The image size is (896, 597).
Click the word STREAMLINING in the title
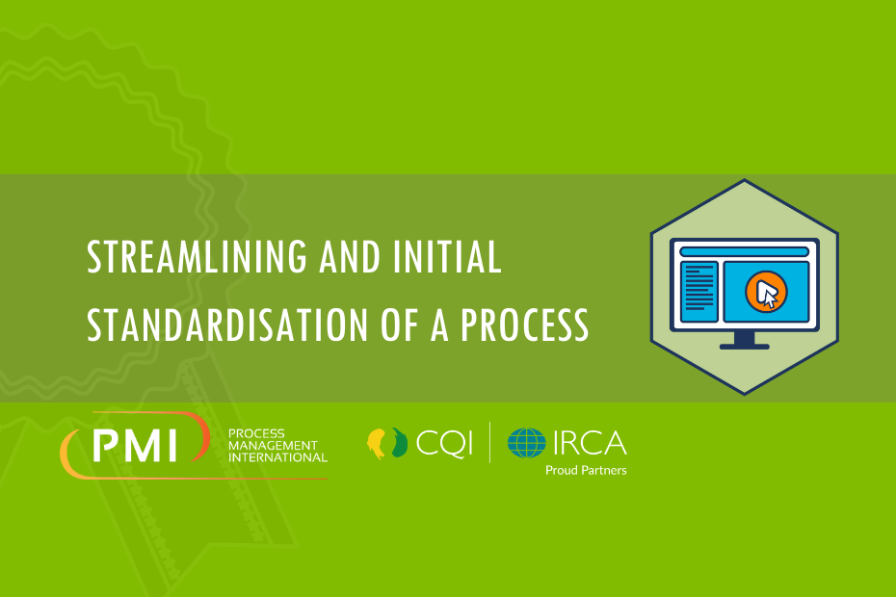(x=197, y=257)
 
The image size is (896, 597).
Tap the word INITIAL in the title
(x=447, y=257)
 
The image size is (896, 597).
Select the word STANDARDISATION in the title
(x=226, y=324)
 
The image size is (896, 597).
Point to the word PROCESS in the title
(x=524, y=324)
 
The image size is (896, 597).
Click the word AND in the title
(x=350, y=257)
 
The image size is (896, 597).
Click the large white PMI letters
(x=136, y=446)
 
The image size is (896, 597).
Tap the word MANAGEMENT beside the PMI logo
(x=273, y=445)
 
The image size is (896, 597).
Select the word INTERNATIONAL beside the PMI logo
(x=277, y=457)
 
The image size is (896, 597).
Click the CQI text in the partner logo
(x=444, y=443)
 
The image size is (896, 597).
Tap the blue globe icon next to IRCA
(x=526, y=443)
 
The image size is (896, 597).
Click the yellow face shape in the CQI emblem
(x=376, y=443)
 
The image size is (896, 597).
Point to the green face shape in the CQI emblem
(x=400, y=442)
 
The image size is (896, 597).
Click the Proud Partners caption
(x=586, y=470)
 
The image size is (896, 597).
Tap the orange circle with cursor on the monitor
(x=766, y=292)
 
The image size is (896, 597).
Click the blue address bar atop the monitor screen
(x=744, y=252)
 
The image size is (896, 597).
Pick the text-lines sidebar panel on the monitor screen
(x=698, y=292)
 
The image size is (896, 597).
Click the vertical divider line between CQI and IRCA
(x=489, y=442)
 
